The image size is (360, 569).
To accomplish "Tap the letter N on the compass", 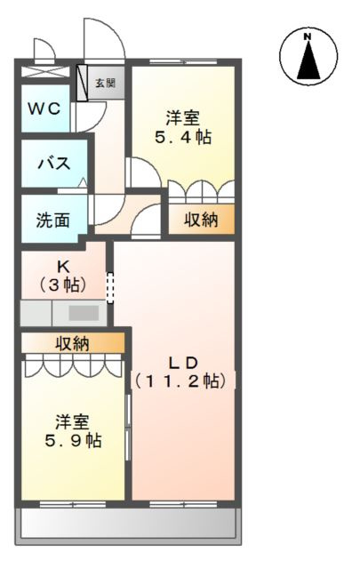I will pyautogui.click(x=308, y=36).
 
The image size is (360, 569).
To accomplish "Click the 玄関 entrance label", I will pyautogui.click(x=105, y=84).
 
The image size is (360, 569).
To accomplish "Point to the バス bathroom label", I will pyautogui.click(x=53, y=164).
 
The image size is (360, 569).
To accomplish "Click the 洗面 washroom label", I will pyautogui.click(x=52, y=220).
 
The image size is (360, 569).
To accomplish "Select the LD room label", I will pyautogui.click(x=183, y=362).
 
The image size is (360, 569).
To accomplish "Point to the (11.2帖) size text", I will pyautogui.click(x=183, y=381).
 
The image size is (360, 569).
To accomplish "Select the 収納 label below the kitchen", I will pyautogui.click(x=73, y=342).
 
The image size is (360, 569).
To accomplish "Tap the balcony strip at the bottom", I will pyautogui.click(x=127, y=522).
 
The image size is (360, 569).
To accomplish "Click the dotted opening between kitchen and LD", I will pyautogui.click(x=111, y=287).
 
